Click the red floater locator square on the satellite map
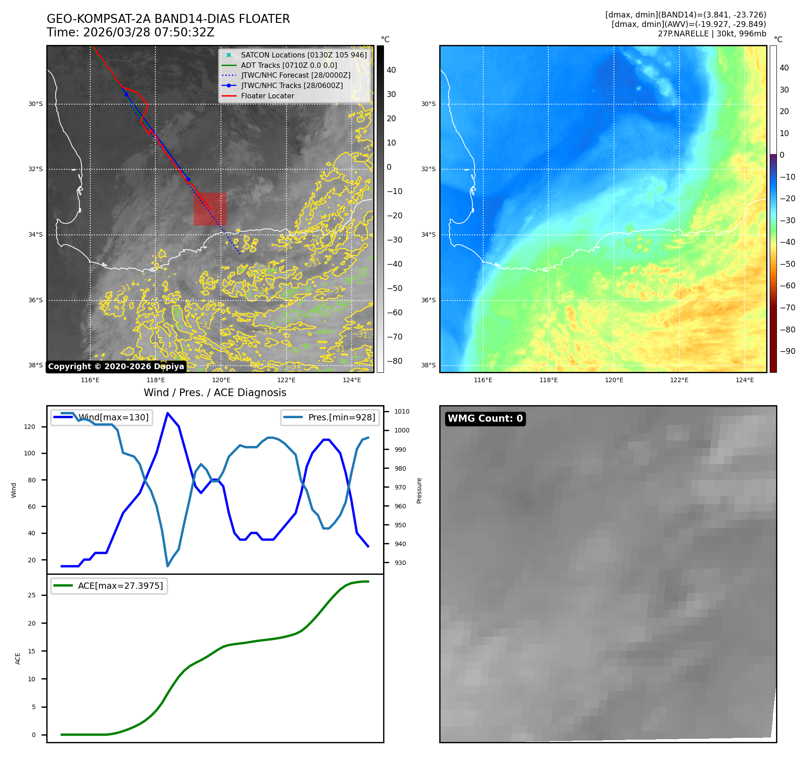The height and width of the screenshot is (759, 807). click(210, 209)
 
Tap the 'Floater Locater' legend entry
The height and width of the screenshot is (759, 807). click(267, 96)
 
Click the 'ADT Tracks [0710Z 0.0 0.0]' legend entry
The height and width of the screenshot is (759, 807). click(289, 65)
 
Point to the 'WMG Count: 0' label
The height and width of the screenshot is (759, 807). click(485, 419)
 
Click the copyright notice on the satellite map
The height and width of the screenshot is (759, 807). click(116, 366)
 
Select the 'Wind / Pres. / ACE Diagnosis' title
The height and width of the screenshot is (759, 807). click(215, 393)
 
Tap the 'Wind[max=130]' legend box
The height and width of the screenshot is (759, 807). click(101, 417)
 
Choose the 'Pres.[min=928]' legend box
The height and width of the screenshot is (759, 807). click(330, 417)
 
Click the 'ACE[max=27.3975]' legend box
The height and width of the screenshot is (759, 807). click(109, 586)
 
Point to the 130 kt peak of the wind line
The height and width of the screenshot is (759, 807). click(168, 413)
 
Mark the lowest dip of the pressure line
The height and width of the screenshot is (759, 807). click(168, 566)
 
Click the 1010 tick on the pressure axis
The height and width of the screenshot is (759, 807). click(401, 411)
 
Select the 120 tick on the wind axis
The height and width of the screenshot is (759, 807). click(30, 427)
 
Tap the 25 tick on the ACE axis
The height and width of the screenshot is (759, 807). click(31, 595)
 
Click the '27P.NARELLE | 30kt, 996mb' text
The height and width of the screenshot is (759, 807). click(712, 34)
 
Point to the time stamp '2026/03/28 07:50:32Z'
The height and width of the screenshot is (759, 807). click(149, 32)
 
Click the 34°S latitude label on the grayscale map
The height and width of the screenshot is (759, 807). click(35, 234)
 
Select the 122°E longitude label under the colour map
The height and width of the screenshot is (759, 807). click(679, 380)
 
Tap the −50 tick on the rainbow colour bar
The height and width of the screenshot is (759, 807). click(787, 264)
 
